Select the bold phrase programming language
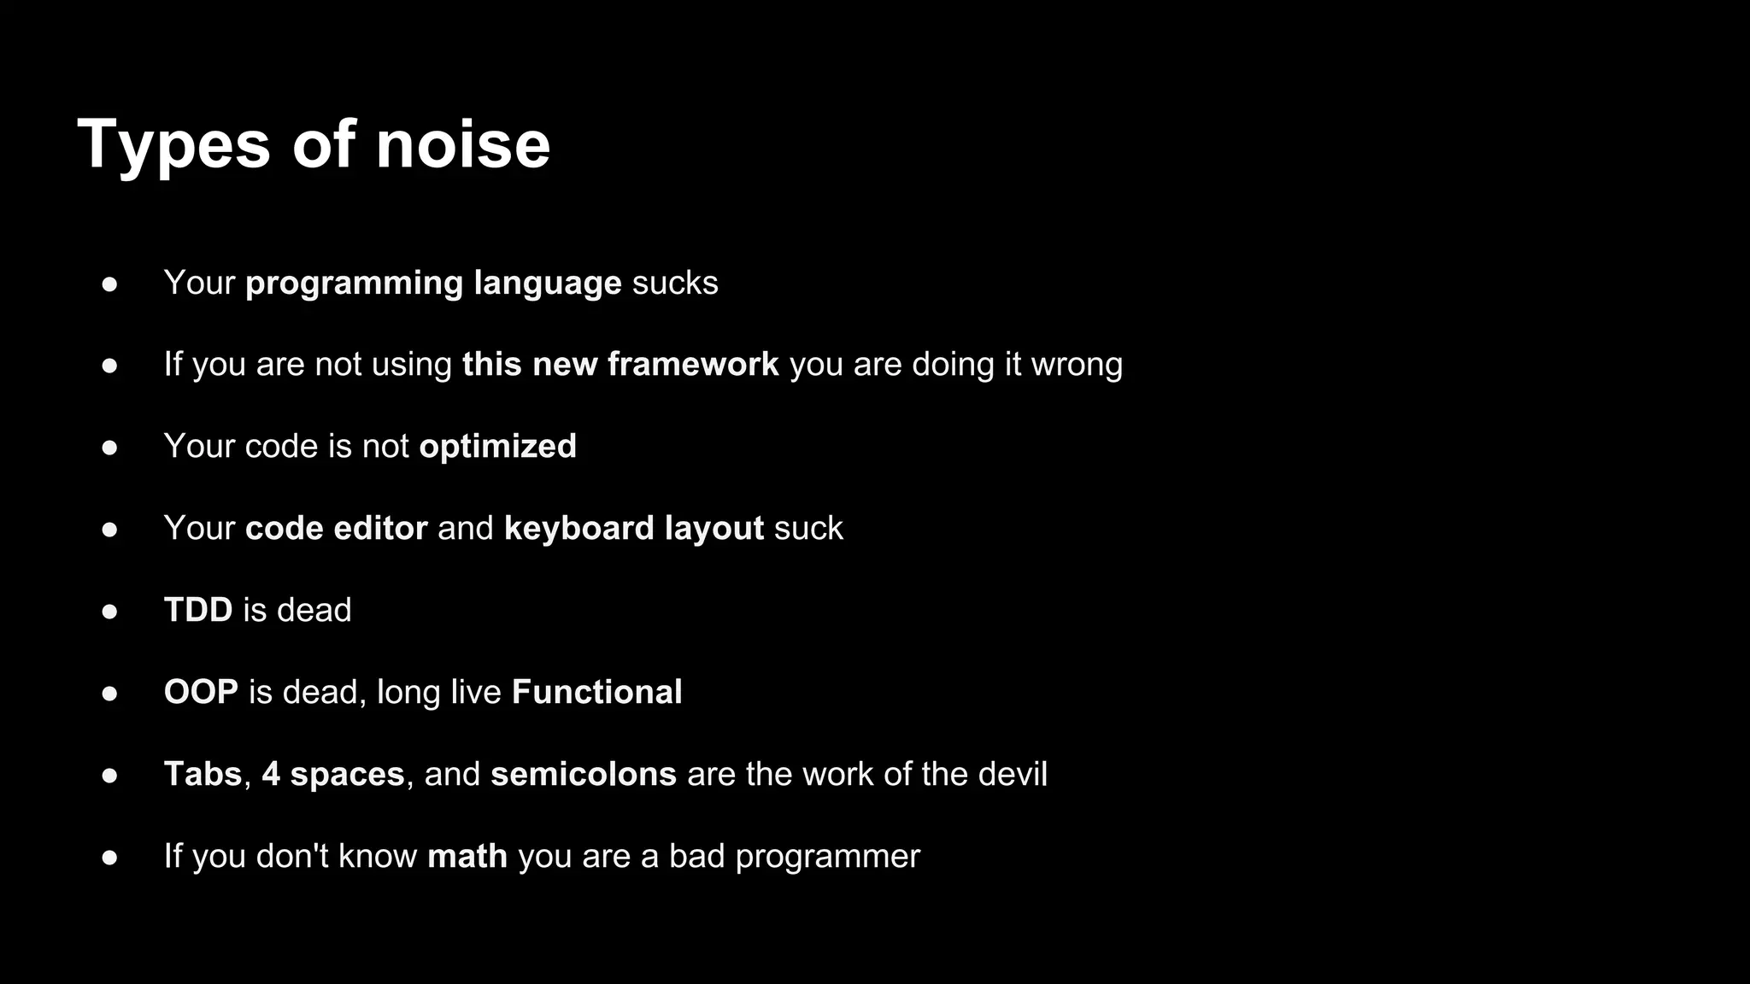point(433,283)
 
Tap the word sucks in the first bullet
point(675,283)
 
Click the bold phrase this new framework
point(620,365)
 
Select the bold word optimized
point(497,447)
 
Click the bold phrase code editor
point(336,528)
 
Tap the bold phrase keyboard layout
point(633,528)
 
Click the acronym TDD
point(198,610)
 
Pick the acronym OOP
point(201,692)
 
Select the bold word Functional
point(596,692)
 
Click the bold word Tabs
point(203,774)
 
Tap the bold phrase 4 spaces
point(332,774)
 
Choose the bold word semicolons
point(583,774)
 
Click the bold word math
point(467,856)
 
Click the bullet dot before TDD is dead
point(109,612)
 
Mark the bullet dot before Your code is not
point(109,448)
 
